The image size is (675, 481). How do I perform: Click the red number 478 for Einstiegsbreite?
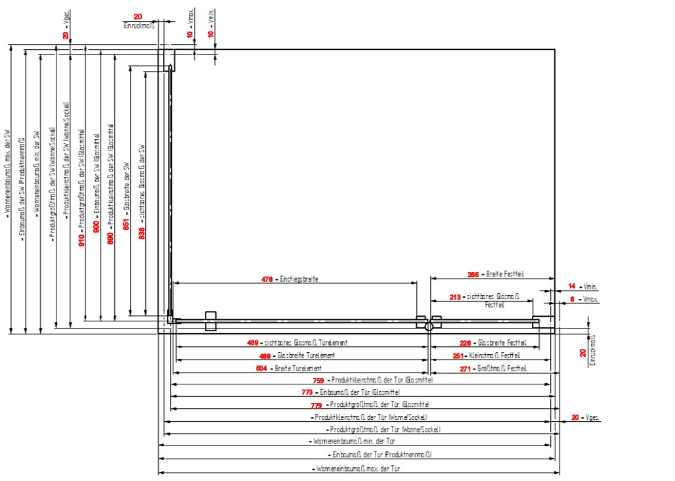(x=267, y=279)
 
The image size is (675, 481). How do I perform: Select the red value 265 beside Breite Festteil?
(x=473, y=273)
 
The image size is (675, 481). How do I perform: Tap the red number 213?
(x=455, y=297)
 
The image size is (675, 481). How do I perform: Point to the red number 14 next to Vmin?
(x=572, y=286)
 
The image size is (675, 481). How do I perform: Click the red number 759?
(x=318, y=380)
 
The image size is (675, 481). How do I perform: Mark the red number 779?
(x=316, y=404)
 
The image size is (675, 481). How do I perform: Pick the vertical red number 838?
(x=142, y=232)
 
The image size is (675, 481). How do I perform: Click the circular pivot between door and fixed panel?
(x=428, y=326)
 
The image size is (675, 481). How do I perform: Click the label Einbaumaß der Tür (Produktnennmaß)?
(x=380, y=454)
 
